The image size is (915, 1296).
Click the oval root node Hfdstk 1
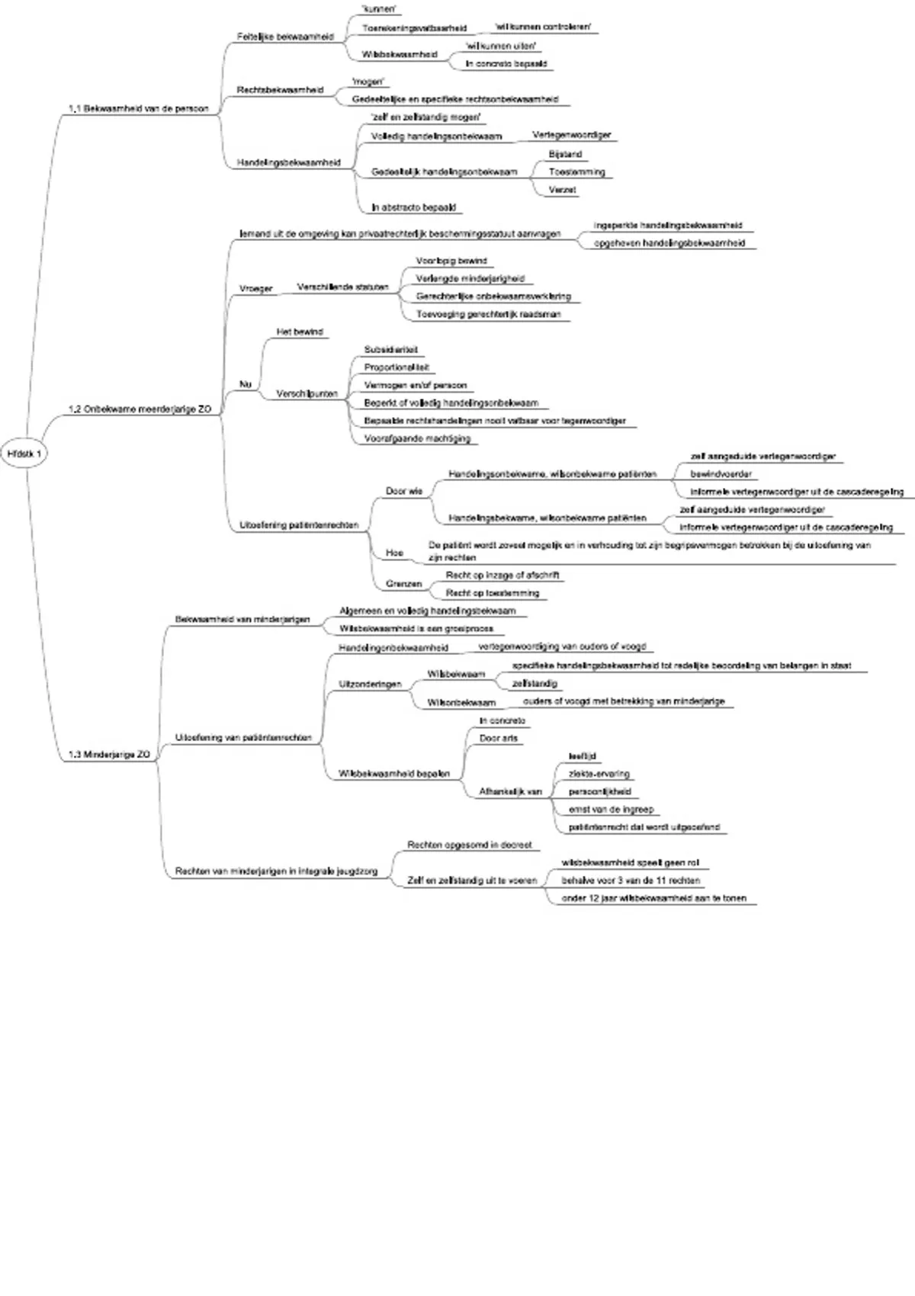[25, 454]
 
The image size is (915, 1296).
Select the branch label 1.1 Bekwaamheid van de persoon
[138, 109]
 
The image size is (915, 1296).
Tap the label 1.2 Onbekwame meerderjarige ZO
[140, 409]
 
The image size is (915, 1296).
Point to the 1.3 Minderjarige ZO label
[109, 755]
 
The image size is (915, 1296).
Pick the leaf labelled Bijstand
[565, 154]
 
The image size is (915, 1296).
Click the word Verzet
[562, 190]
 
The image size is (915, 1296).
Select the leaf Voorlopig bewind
[451, 261]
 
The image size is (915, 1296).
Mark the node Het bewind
[300, 332]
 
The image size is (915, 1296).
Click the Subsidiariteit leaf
[391, 350]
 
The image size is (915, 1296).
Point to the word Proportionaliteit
[396, 367]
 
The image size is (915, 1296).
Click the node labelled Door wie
[404, 492]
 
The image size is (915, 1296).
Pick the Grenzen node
[403, 584]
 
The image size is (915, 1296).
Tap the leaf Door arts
[499, 739]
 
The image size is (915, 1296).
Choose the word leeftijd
[582, 756]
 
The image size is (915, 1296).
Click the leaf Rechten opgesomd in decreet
[469, 845]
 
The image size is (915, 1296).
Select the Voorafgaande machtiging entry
[417, 438]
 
